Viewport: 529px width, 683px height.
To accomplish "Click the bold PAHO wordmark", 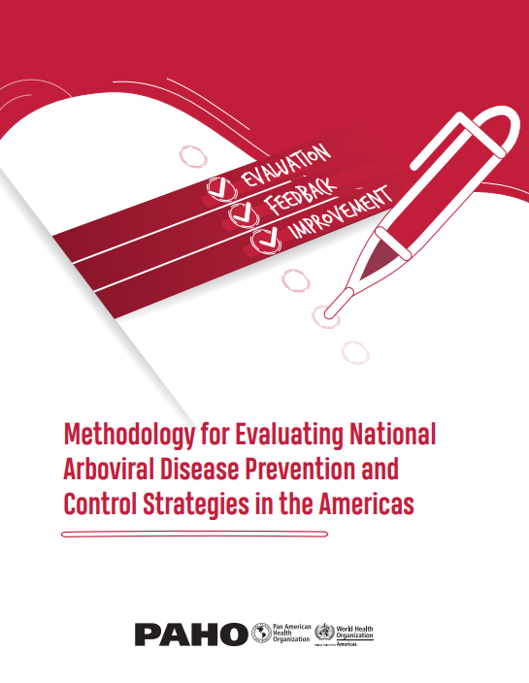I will point(191,634).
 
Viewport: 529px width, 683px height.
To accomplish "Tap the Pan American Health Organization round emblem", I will point(261,634).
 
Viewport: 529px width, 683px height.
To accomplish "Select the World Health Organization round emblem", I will point(324,634).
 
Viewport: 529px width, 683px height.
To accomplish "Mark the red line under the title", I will point(194,534).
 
